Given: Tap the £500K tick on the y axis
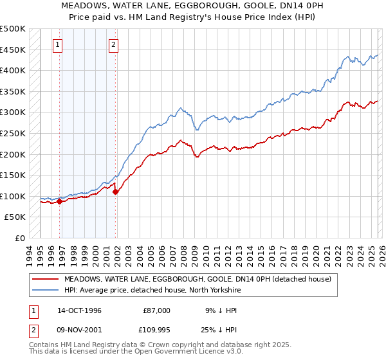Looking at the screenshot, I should click(x=13, y=29).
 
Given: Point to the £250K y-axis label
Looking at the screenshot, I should click(x=13, y=133).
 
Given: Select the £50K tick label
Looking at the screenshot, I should click(x=15, y=217).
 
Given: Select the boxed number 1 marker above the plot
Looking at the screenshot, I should click(x=59, y=45).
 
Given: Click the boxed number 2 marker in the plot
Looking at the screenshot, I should click(x=113, y=45).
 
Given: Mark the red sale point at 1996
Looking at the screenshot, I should click(x=60, y=201).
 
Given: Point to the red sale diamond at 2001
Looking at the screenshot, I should click(x=116, y=192).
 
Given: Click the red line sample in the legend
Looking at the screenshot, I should click(x=46, y=279).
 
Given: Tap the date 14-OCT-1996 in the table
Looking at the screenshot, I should click(x=80, y=310).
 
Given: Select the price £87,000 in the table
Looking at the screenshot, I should click(x=156, y=310).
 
